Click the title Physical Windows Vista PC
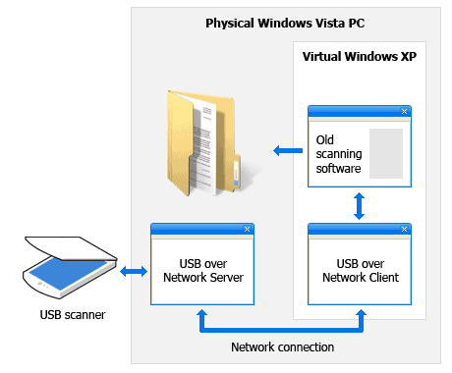285,24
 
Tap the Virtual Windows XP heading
360,56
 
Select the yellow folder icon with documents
203,143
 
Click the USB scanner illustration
70,267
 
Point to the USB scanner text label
73,315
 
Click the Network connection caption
282,347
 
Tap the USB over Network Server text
203,271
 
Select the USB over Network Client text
361,271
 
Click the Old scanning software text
339,154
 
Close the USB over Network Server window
247,229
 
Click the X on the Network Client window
404,229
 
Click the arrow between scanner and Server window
134,271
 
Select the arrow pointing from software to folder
288,151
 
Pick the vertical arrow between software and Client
360,206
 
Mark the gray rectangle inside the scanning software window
386,153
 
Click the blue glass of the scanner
67,273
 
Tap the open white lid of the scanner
71,248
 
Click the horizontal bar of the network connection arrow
282,330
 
